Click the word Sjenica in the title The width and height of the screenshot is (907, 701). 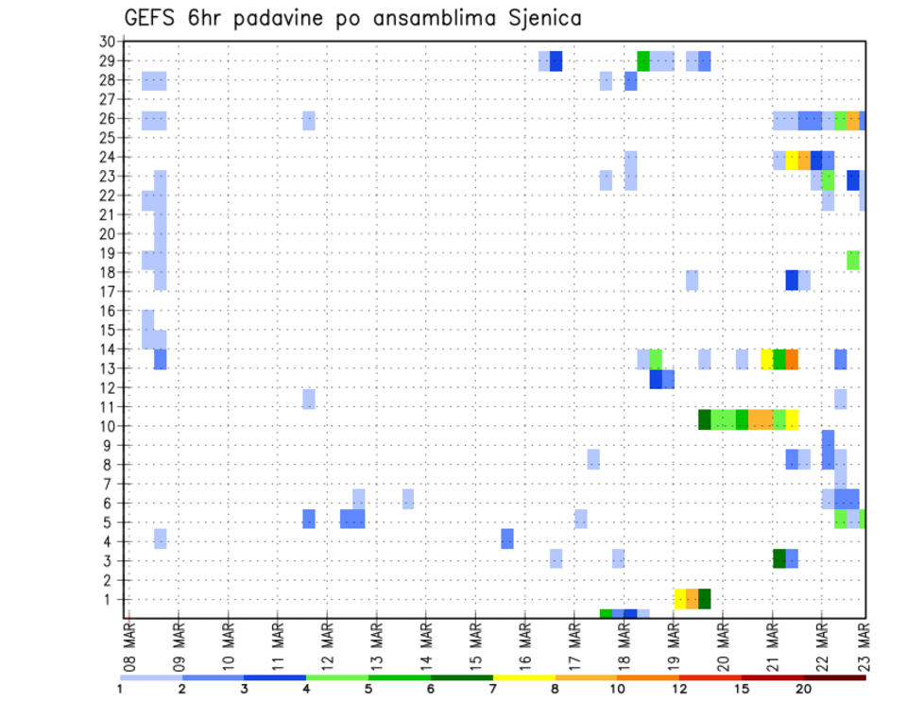(x=542, y=18)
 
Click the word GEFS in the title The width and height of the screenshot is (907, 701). (x=150, y=18)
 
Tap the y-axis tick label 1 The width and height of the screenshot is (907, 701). (x=110, y=599)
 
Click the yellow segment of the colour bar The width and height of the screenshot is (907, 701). (x=523, y=677)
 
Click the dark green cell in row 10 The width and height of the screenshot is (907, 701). (x=705, y=419)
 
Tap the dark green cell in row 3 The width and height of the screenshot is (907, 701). (x=779, y=558)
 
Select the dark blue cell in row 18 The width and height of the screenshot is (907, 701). (x=792, y=281)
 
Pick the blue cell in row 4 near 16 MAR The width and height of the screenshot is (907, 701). (x=507, y=539)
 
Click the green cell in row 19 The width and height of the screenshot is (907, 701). (x=853, y=261)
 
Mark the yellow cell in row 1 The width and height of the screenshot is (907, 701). (x=679, y=599)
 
